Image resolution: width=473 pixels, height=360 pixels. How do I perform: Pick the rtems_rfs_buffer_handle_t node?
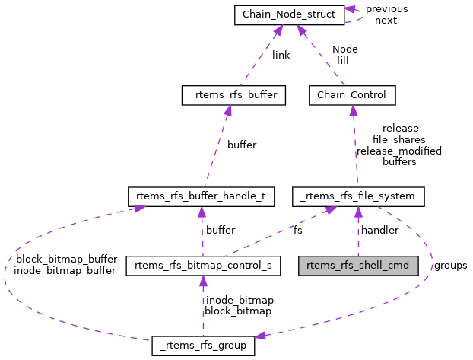point(200,196)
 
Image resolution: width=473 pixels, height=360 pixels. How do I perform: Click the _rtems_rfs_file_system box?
point(358,196)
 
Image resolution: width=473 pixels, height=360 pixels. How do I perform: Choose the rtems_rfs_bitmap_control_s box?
point(203,266)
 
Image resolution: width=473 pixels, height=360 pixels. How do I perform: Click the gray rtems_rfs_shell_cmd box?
point(358,266)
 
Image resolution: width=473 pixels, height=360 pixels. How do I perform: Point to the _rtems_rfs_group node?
point(203,345)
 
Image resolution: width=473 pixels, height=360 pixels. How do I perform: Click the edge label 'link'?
point(281,55)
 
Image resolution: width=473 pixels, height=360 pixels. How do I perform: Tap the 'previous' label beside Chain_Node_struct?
point(386,9)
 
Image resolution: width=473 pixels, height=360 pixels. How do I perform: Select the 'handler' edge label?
point(379,230)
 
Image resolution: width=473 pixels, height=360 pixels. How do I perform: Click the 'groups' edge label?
point(450,266)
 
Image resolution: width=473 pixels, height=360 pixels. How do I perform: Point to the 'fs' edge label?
point(297,230)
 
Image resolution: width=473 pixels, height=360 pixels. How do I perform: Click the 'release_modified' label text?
point(399,151)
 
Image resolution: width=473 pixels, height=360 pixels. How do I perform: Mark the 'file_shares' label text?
point(399,140)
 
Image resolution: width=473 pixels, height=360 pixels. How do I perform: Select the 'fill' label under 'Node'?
point(342,60)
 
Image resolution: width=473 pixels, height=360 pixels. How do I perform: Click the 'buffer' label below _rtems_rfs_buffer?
point(242,145)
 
